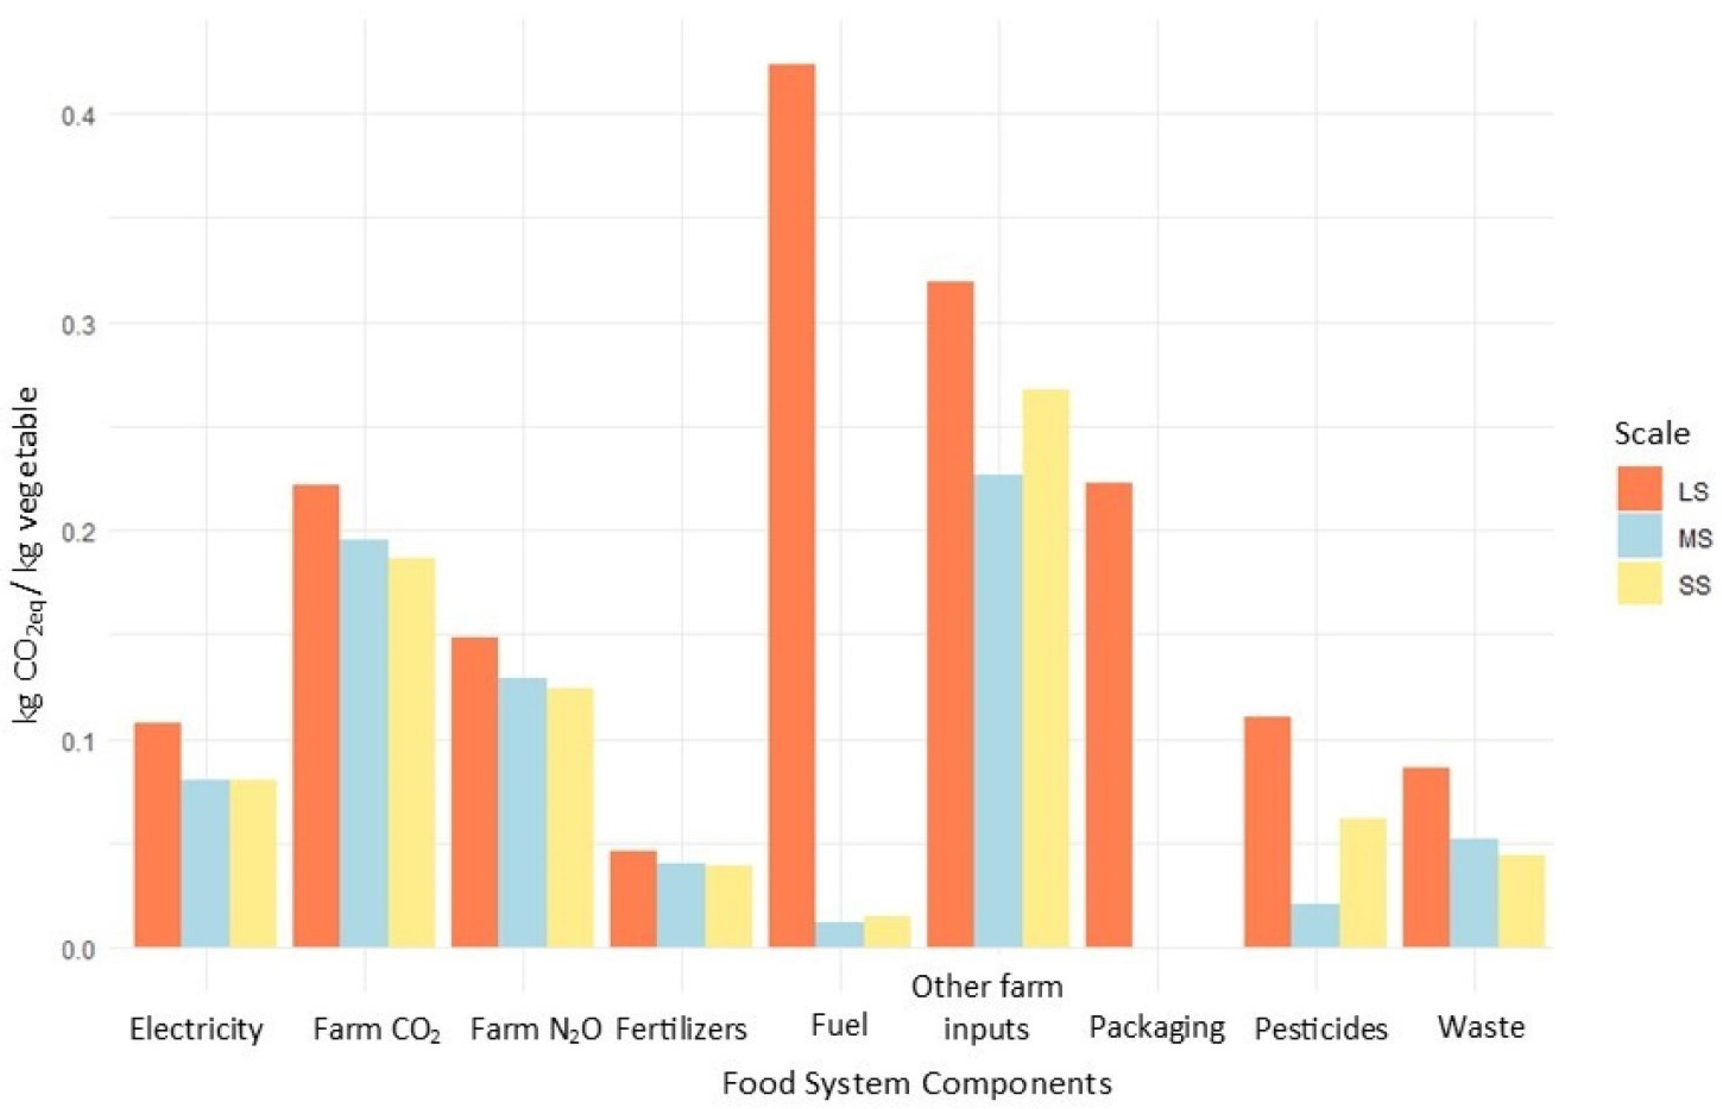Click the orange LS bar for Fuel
(792, 504)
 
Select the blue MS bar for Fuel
(840, 935)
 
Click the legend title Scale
(1651, 433)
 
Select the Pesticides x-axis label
(1320, 1028)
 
